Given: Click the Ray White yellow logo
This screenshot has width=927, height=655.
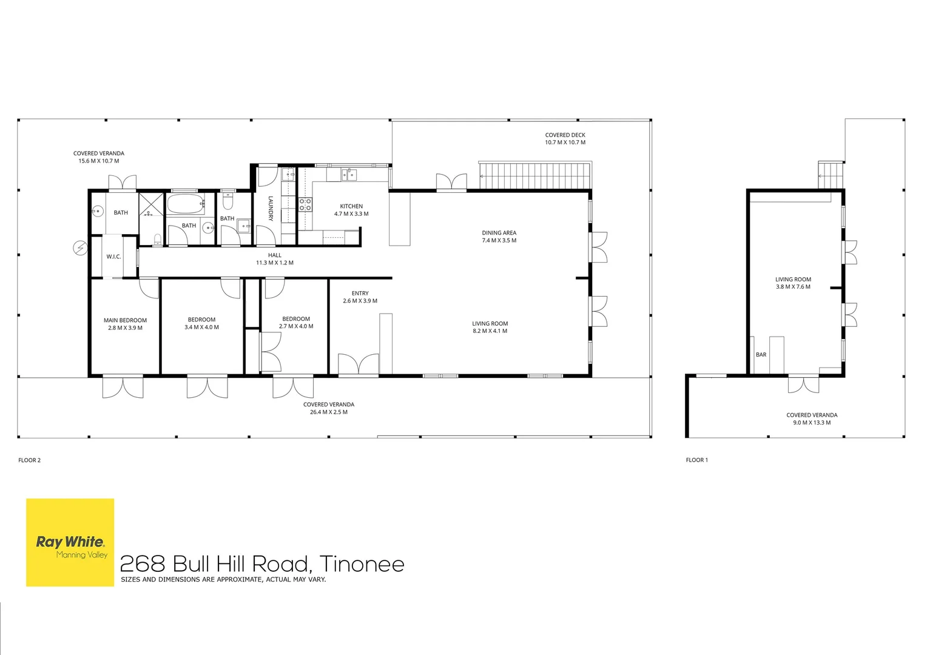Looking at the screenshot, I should [70, 542].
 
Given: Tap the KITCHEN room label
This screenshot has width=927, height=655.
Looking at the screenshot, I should [351, 206].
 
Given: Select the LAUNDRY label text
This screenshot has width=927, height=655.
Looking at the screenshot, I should [271, 209].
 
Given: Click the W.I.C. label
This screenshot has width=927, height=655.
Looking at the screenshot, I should [113, 257].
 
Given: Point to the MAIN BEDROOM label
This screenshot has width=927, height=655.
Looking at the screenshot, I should [125, 320].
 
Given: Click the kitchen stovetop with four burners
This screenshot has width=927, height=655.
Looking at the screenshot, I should [305, 204].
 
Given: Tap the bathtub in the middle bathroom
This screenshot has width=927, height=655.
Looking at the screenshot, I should [186, 204].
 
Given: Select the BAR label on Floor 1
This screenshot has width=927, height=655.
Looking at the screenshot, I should [761, 355].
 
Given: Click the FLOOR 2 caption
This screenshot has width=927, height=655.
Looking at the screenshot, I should [30, 460].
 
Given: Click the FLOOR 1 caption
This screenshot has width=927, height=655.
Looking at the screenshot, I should [696, 460].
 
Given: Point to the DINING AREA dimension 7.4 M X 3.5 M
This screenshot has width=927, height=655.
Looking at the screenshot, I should [499, 241].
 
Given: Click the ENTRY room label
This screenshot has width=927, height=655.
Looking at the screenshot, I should [360, 294].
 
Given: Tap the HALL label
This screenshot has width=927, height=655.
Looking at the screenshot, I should [274, 255].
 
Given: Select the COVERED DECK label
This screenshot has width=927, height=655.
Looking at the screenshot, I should [565, 135].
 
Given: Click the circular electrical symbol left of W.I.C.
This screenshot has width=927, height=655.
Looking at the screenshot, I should [80, 248].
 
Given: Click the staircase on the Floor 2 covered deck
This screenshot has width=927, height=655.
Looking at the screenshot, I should [534, 176].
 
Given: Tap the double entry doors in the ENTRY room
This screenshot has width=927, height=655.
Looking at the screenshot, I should [358, 364].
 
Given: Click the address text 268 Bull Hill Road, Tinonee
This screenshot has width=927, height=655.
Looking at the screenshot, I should [262, 564].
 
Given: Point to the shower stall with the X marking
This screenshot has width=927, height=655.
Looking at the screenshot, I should [152, 204].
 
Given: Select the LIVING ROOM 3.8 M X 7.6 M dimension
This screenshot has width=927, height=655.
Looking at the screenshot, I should [793, 287].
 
